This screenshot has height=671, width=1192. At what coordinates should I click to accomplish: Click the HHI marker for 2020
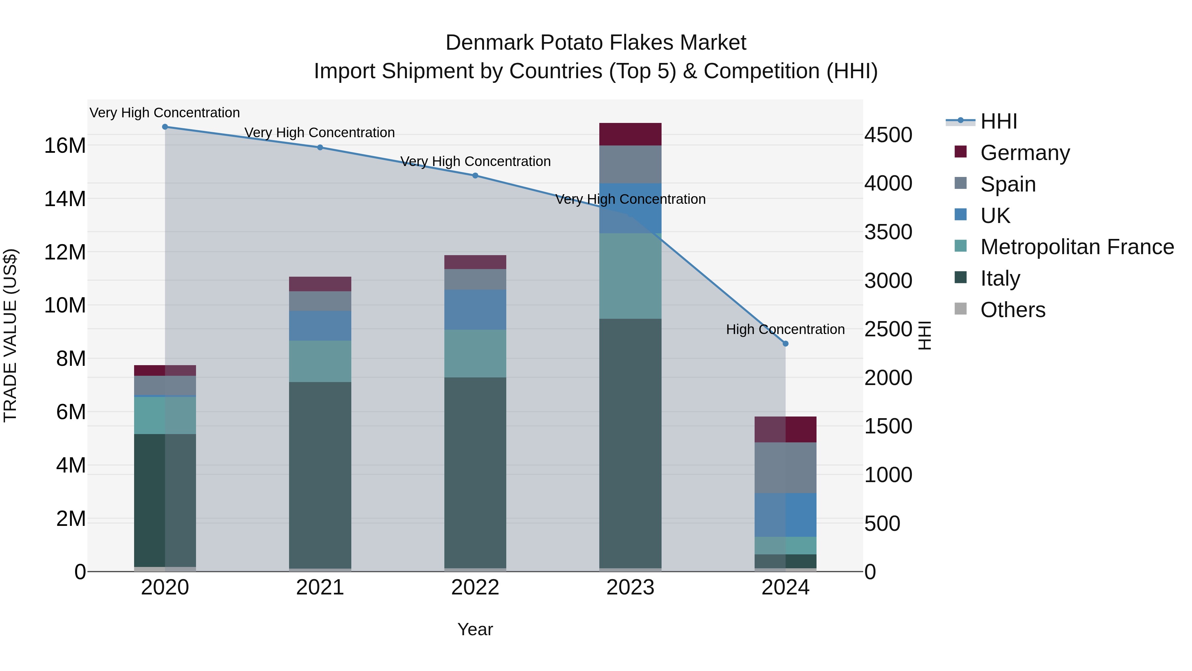[165, 127]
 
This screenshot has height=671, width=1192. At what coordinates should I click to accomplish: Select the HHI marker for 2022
[475, 176]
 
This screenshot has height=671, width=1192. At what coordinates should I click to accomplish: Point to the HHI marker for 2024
[785, 344]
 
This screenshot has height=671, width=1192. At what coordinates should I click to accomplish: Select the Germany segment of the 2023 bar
[630, 134]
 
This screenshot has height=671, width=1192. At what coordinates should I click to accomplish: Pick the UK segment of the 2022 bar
[475, 310]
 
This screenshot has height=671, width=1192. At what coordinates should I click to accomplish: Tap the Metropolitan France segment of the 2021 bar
[320, 361]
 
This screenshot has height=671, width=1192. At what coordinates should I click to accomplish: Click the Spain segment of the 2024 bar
[785, 468]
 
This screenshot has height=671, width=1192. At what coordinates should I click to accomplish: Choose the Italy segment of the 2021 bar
[320, 475]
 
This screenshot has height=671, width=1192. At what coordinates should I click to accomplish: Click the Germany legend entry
[1025, 153]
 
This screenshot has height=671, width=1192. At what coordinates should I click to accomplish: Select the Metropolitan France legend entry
[1077, 247]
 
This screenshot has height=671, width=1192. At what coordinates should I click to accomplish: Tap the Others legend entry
[1013, 310]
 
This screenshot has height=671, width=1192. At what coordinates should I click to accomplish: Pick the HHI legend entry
[999, 121]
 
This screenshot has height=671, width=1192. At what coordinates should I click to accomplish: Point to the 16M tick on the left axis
[65, 146]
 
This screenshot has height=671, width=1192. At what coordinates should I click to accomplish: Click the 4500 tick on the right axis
[888, 135]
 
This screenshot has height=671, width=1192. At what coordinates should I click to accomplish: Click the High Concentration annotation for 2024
[785, 329]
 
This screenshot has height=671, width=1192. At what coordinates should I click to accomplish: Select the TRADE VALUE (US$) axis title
[10, 335]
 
